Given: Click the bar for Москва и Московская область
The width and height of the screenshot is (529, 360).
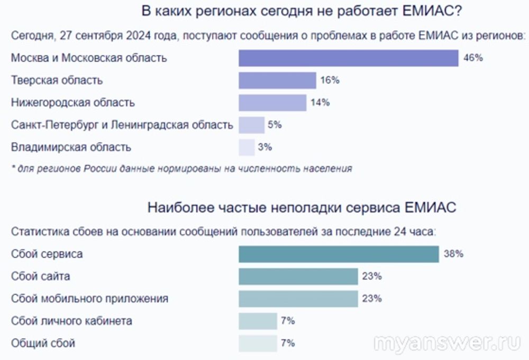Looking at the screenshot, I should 348,58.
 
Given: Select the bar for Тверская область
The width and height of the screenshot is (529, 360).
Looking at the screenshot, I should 277,80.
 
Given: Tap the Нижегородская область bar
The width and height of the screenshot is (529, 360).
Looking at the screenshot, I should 272,103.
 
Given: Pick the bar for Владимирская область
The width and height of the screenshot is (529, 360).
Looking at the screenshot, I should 247,147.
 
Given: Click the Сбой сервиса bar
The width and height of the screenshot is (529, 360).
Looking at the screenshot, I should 339,254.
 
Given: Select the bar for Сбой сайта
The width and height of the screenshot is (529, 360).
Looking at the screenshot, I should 298,276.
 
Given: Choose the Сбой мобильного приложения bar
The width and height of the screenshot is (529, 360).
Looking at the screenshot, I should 298,299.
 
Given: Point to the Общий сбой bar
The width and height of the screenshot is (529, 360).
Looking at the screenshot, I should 258,343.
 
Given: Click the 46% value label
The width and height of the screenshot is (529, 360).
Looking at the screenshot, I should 473,58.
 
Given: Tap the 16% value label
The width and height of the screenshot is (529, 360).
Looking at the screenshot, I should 330,80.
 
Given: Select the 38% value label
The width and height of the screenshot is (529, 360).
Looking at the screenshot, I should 453,254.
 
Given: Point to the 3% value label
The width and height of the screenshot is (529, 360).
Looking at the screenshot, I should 264,147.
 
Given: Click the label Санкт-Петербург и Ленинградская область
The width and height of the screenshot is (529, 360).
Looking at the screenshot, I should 122,125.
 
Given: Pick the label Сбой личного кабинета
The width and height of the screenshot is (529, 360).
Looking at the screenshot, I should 71,321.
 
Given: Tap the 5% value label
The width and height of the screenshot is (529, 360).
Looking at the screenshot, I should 275,125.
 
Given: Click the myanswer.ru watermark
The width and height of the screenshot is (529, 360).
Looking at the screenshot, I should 446,343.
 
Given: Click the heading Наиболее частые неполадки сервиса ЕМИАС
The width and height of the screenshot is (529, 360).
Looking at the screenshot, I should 302,208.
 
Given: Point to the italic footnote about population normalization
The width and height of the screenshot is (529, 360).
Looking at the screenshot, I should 181,169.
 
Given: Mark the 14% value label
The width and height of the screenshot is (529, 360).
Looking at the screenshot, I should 320,103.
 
